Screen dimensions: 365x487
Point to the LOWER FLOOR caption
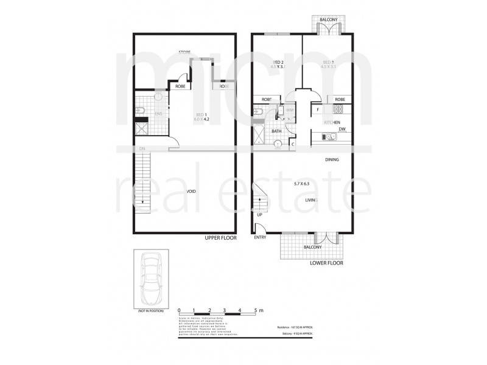[326, 264]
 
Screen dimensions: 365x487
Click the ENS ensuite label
[158, 114]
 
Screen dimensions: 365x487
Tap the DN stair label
[142, 148]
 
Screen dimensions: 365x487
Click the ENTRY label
[260, 238]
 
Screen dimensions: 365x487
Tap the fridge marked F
[318, 109]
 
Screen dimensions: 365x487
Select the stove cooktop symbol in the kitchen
[338, 109]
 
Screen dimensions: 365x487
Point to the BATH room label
[276, 131]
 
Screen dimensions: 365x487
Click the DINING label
[331, 159]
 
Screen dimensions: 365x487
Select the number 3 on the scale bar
[225, 311]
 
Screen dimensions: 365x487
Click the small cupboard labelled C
[293, 144]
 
